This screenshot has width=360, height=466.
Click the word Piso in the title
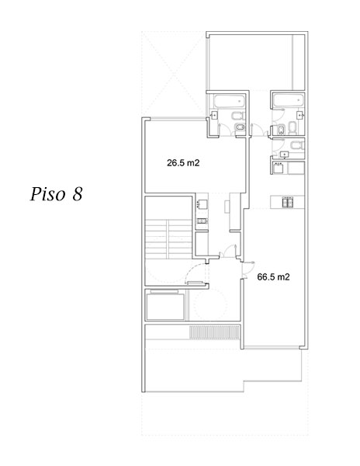coord(50,193)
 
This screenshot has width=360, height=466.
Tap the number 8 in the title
coord(77,193)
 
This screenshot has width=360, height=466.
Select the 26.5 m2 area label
coord(184,163)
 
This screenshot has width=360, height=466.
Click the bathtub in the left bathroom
coord(228,101)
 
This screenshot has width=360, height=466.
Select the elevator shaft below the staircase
coord(164,304)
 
